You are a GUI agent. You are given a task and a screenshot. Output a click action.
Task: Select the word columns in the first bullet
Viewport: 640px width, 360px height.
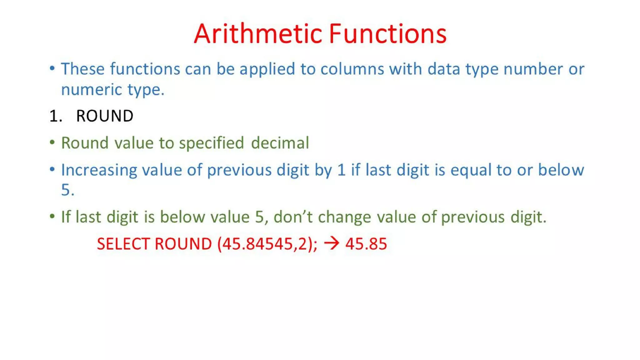pos(352,69)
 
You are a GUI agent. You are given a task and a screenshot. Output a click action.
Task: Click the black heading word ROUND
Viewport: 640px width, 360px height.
pos(105,116)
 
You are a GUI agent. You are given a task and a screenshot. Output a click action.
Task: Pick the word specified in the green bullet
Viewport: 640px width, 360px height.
pos(211,143)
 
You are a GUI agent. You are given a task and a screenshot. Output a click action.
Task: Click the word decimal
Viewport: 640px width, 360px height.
pos(280,143)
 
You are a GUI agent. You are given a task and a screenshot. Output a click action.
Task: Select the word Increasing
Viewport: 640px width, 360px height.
pos(99,170)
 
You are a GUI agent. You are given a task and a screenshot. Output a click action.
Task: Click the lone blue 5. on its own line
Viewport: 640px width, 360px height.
pos(67,190)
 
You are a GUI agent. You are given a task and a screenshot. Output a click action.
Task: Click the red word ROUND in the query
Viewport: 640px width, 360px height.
pos(183,244)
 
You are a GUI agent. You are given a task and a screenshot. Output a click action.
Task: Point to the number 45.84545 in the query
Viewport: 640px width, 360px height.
pos(257,244)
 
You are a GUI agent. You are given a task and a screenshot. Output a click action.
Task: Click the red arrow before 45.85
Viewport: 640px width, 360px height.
pos(332,243)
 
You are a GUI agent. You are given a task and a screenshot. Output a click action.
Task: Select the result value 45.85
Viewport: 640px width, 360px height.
pos(366,244)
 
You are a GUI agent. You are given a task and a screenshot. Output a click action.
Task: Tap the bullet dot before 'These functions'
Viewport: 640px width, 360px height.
pos(52,68)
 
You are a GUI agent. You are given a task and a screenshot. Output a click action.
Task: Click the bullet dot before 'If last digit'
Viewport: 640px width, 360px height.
pos(52,216)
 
